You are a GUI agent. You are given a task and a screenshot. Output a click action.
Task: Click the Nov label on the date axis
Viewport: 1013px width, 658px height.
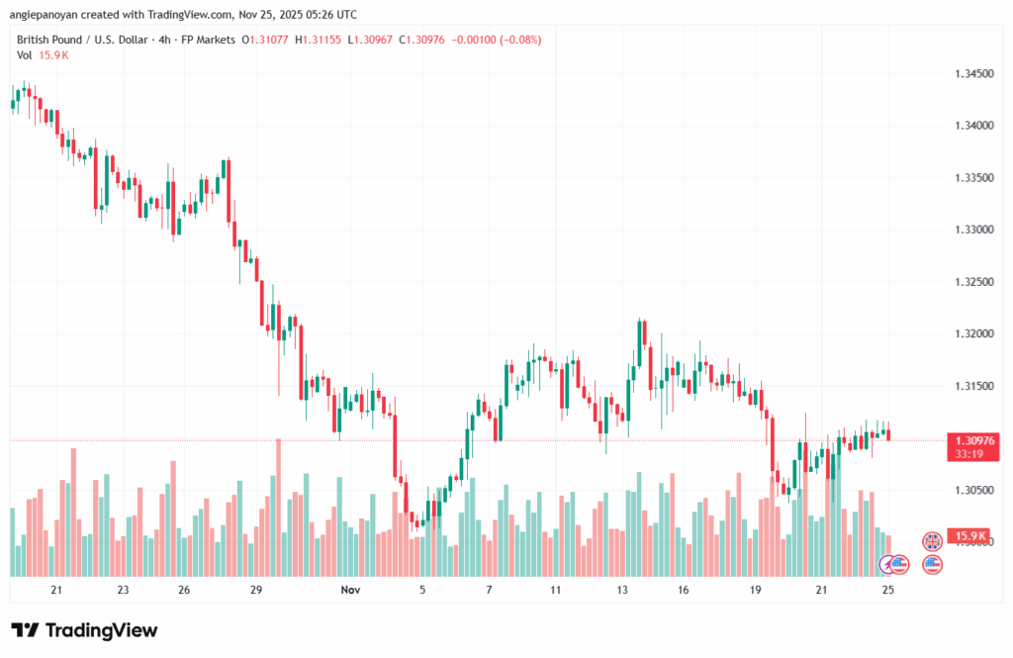(349, 590)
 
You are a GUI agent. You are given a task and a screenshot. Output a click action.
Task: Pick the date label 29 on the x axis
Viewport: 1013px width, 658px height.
(255, 590)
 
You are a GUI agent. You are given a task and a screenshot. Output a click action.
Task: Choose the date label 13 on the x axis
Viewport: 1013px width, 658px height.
(622, 590)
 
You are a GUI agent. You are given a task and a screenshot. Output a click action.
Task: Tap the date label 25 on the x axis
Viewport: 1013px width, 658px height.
(888, 590)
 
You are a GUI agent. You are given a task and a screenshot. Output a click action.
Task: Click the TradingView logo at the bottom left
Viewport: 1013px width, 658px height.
(84, 630)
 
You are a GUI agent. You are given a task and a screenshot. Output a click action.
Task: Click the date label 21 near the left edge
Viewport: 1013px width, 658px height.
(56, 590)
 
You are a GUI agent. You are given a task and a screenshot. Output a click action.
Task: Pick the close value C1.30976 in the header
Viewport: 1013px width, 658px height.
(416, 40)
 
